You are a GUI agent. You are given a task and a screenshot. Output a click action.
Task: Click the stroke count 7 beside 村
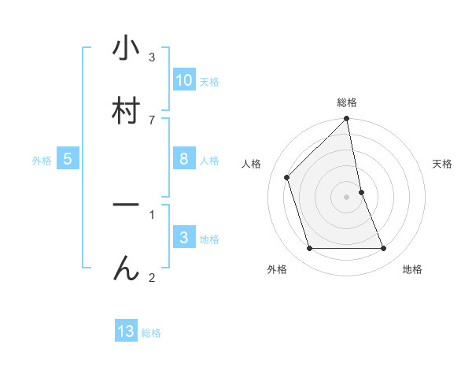pos(152,120)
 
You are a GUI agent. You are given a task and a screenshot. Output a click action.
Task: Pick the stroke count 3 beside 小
pos(152,57)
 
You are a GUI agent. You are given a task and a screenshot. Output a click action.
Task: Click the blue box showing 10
pos(184,80)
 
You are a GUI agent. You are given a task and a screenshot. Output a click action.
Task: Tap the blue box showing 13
pos(126,331)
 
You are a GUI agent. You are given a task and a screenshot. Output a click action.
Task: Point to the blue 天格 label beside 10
pos(209,82)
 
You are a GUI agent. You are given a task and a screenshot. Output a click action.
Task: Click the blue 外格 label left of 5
pos(42,161)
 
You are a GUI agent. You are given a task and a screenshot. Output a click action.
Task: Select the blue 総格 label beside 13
pos(151,333)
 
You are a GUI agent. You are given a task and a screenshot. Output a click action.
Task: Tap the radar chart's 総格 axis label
pos(347,102)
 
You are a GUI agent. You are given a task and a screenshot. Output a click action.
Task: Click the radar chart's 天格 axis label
pos(443,164)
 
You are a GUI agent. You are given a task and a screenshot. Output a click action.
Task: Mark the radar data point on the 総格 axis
pos(347,120)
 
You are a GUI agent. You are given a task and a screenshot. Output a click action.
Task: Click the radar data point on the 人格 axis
pos(287,177)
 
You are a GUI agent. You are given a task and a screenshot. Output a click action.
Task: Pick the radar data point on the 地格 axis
pos(384,249)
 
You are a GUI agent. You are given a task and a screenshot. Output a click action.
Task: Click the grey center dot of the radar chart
pos(347,196)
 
